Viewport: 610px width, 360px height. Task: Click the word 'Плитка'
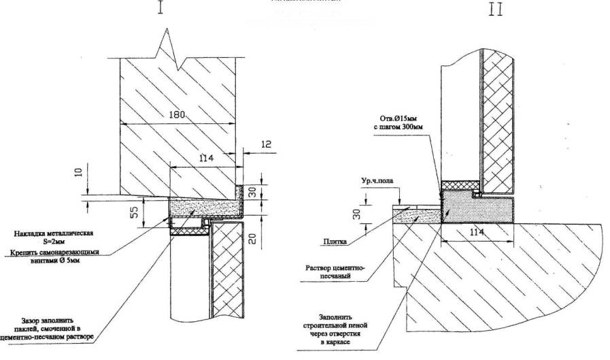(x=335, y=242)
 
